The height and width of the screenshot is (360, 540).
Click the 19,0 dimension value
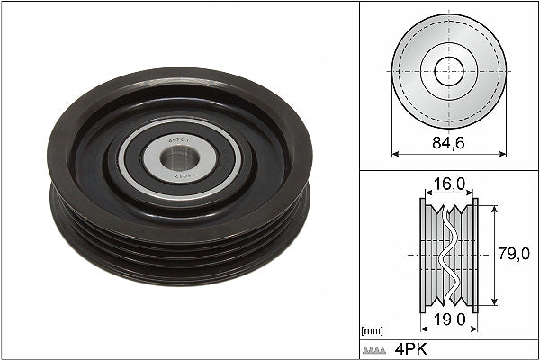448,319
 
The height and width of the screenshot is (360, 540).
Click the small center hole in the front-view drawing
448,70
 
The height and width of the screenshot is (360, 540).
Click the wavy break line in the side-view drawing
448,255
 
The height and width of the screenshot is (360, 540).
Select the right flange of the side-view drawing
474,255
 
